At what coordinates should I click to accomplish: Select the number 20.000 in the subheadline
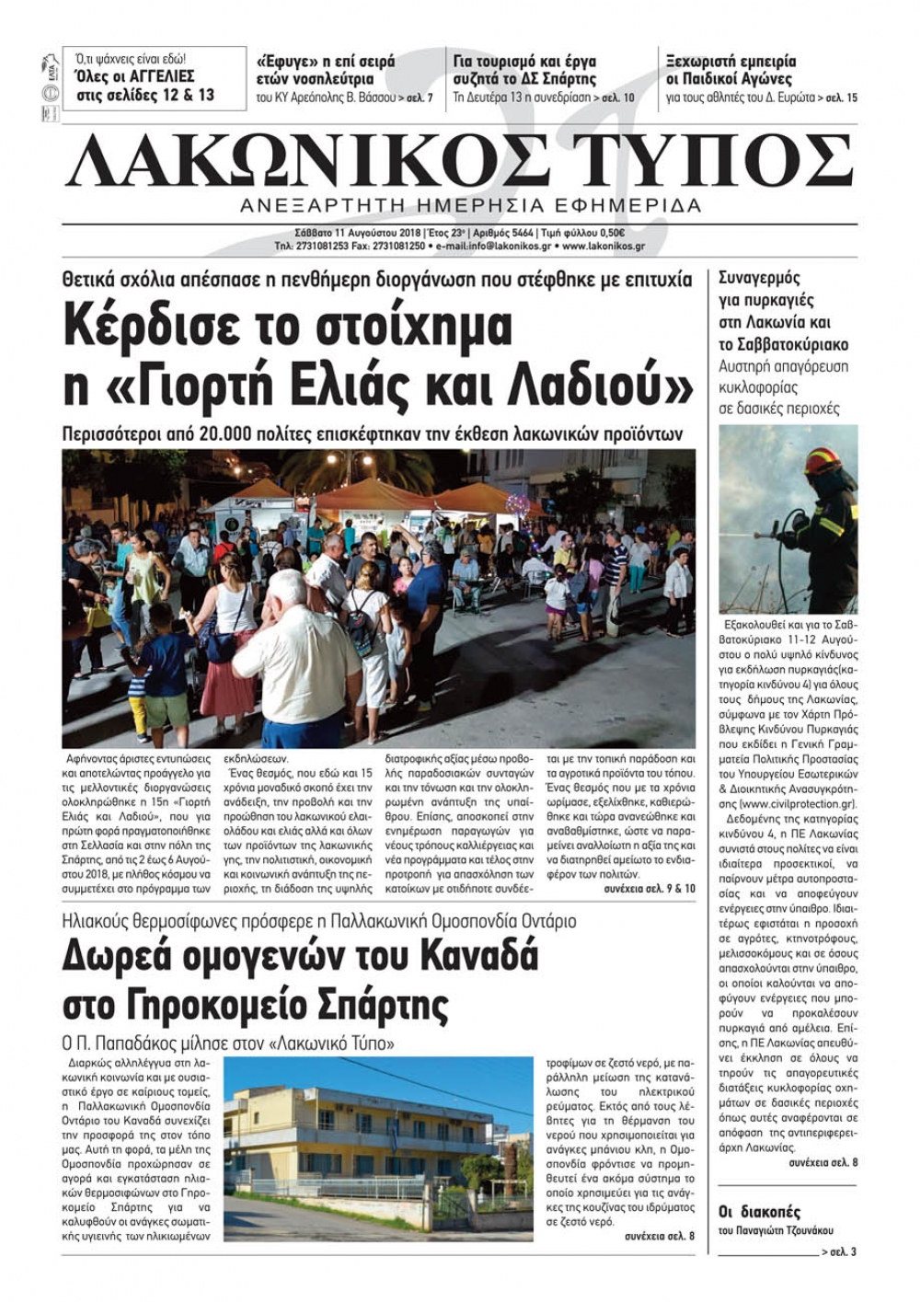[234, 433]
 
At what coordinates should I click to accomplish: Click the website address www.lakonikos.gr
[603, 247]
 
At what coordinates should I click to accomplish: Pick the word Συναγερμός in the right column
[759, 278]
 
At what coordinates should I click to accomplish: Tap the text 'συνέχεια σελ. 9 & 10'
[650, 891]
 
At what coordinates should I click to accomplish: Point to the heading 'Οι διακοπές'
[759, 1212]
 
